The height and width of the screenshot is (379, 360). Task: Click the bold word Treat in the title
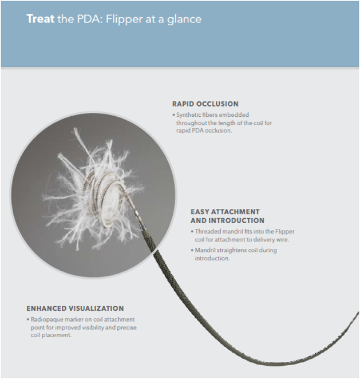click(40, 19)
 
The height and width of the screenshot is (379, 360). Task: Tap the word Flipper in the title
click(124, 19)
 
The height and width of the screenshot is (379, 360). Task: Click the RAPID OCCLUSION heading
click(205, 104)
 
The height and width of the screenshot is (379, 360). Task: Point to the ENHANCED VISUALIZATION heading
click(75, 309)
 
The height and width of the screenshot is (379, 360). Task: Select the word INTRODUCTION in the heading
click(236, 220)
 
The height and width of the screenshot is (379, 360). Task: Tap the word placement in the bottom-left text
click(56, 335)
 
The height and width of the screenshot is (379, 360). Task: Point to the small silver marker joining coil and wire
click(137, 213)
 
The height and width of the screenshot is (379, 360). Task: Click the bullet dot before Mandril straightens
click(192, 250)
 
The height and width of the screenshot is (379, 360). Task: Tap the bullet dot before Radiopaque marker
click(28, 319)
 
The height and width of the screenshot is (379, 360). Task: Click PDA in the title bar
click(89, 19)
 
